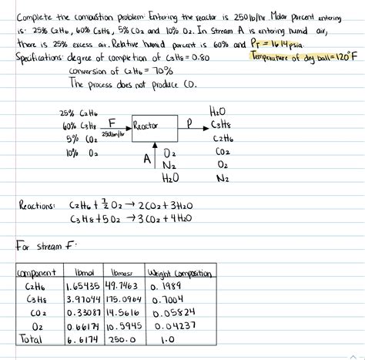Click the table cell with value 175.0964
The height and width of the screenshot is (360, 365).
pyautogui.click(x=125, y=299)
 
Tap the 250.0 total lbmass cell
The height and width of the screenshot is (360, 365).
pyautogui.click(x=122, y=338)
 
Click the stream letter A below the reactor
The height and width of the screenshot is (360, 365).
pyautogui.click(x=146, y=158)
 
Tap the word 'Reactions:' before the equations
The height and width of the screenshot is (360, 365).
pyautogui.click(x=36, y=206)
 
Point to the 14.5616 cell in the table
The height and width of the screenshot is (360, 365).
pyautogui.click(x=124, y=312)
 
